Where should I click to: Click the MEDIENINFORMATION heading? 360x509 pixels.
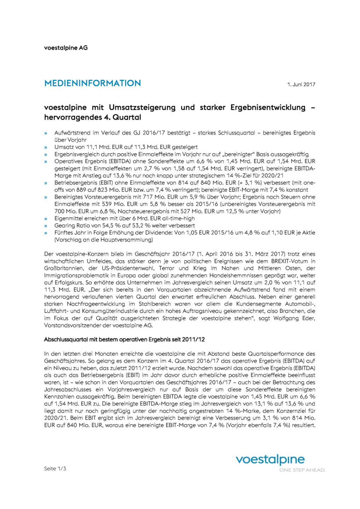pos(93,83)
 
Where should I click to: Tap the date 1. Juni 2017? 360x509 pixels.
pos(301,84)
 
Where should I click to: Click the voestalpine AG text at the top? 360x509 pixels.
pos(66,48)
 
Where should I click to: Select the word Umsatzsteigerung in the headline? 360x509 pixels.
pos(142,107)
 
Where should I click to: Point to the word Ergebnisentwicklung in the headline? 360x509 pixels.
pos(268,107)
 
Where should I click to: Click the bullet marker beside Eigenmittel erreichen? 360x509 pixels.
pos(46,219)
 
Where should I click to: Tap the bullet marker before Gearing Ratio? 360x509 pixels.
pos(46,226)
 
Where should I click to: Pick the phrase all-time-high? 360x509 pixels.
pos(178,218)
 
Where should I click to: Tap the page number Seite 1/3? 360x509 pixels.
pos(55,469)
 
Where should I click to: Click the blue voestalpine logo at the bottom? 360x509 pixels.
pos(270,460)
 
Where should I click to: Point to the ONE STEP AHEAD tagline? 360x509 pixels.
pos(302,470)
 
